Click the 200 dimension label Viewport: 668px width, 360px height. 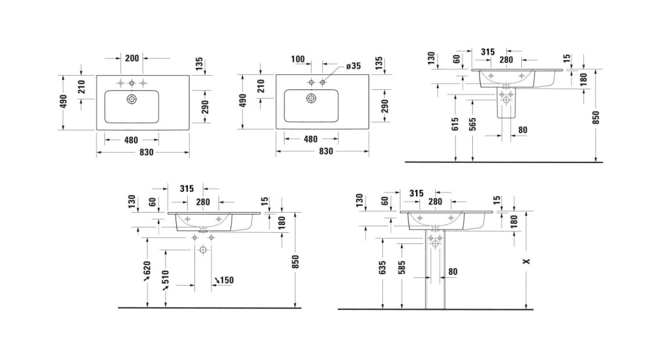132,58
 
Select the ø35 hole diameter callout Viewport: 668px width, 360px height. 353,66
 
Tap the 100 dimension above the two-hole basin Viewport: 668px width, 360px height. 298,59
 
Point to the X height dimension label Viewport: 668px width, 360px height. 526,261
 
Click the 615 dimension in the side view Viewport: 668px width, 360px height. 455,124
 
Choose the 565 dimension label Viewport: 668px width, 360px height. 472,124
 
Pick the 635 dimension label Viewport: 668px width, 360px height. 382,267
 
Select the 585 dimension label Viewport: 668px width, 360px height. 401,267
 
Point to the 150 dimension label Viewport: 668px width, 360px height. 224,280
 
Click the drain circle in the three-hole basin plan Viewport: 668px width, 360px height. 132,99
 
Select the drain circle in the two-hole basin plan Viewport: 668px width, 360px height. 311,98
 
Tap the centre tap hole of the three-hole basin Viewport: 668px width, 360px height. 132,82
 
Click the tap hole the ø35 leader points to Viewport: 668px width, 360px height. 322,82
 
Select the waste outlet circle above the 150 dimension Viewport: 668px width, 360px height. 203,250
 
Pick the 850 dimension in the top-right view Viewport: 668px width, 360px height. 596,117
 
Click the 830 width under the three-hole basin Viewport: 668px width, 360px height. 146,152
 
